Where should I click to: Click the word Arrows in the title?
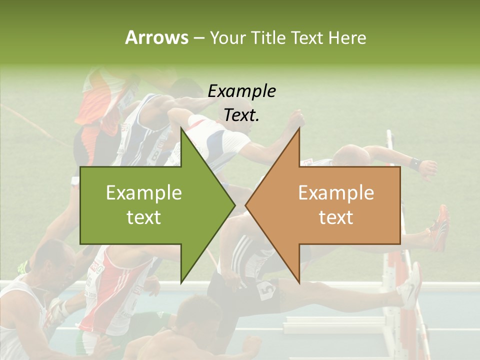156,37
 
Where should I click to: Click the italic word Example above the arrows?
242,91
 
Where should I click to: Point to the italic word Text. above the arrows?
242,115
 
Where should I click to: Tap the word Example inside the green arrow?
144,193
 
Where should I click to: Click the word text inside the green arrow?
144,217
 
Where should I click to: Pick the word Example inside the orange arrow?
336,193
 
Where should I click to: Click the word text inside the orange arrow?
336,217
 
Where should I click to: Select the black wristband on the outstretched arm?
414,163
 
